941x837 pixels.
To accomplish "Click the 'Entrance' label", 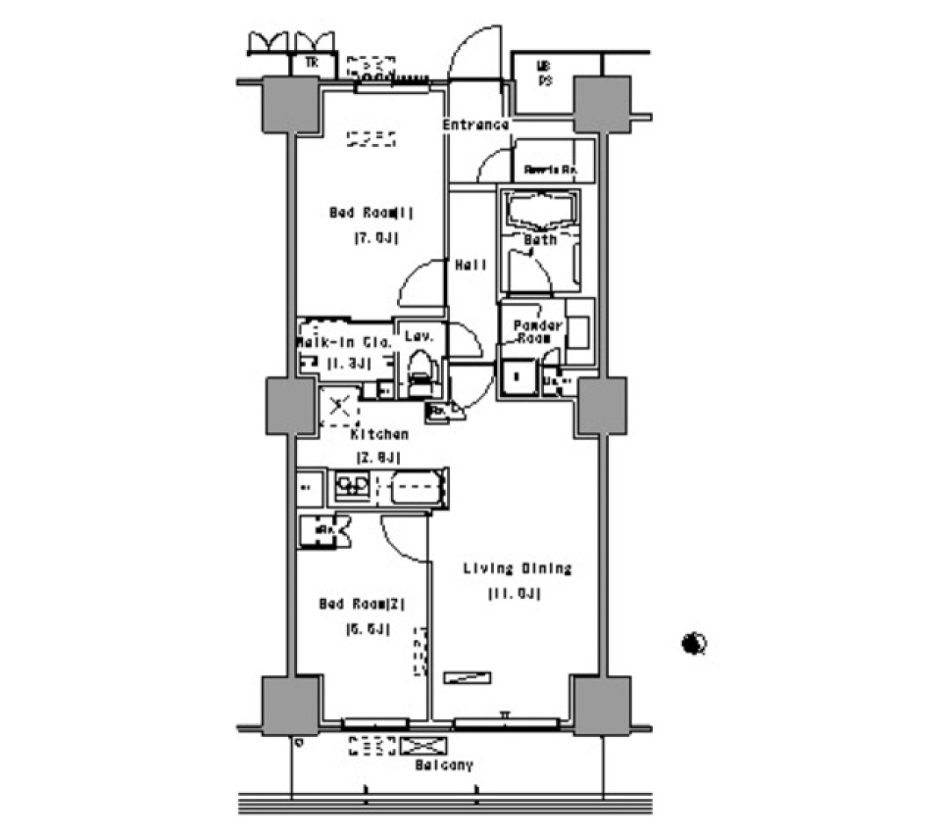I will point(475,124).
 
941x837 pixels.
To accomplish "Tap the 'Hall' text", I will point(471,264).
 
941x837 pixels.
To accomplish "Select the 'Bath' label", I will point(540,239).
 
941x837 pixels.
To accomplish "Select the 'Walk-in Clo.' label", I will point(344,343).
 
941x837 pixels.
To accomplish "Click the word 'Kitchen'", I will point(380,433).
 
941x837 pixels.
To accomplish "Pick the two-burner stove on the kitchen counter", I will point(351,484).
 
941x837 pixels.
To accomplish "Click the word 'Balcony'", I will point(443,764).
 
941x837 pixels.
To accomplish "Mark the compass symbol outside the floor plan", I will point(695,644).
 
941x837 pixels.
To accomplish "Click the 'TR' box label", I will point(312,63).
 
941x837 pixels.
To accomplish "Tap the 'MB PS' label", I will point(543,74).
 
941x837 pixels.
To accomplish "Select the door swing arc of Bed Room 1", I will point(420,283).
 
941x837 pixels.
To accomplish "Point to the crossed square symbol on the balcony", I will point(422,746).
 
